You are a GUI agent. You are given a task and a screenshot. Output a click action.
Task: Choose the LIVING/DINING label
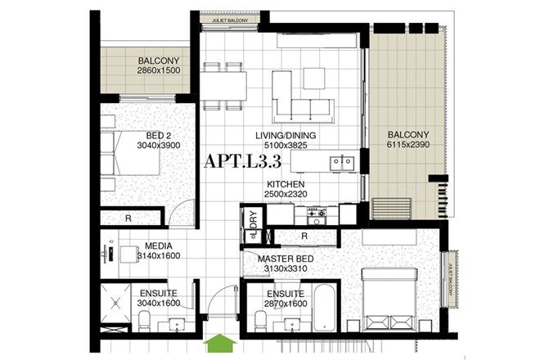[x=285, y=136]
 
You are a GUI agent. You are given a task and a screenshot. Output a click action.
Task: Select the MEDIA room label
[x=157, y=245]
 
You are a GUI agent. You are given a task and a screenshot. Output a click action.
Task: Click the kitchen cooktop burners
[x=316, y=214]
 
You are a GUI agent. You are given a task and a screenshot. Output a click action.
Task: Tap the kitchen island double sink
[x=342, y=163]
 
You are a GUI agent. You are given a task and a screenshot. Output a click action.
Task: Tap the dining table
[x=224, y=83]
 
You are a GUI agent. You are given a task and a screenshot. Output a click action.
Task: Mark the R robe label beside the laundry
[x=304, y=236]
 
